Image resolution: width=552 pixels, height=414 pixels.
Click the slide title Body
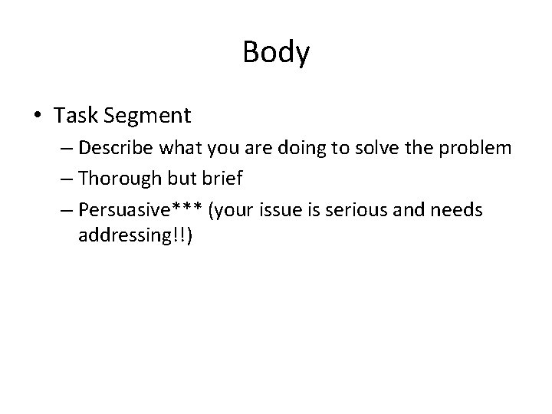(x=276, y=53)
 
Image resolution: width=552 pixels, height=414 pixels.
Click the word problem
(x=476, y=148)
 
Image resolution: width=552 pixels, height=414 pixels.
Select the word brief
(x=220, y=179)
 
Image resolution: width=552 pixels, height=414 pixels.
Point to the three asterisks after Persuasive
(x=195, y=207)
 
